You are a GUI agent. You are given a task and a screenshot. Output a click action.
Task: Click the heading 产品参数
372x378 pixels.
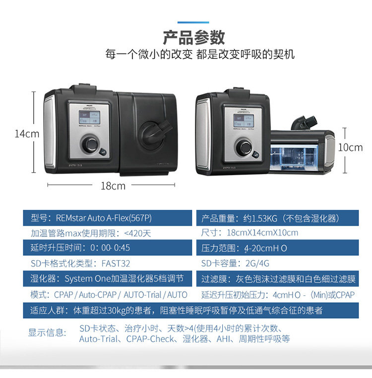click(x=193, y=38)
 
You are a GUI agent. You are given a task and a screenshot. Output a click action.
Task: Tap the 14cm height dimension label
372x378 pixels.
click(x=27, y=134)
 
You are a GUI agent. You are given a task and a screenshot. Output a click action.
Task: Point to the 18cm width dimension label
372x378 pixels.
click(x=113, y=186)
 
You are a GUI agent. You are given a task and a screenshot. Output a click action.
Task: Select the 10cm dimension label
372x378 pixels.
click(x=351, y=147)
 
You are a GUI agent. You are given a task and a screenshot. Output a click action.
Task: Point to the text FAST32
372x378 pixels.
click(x=116, y=263)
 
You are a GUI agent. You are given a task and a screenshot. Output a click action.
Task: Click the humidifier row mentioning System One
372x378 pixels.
click(x=108, y=279)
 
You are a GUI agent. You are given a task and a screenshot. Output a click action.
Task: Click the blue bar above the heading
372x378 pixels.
click(x=193, y=22)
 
